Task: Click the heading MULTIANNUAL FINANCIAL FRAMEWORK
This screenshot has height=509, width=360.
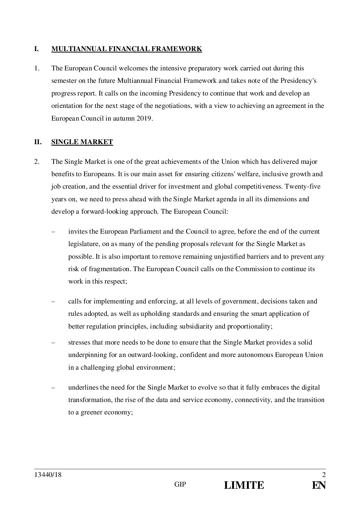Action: point(127,49)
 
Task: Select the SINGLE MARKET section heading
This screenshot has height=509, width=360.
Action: point(82,142)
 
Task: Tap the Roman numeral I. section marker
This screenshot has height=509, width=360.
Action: point(37,49)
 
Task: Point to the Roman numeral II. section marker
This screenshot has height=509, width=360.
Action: point(38,142)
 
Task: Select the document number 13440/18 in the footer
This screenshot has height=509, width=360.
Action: point(48,475)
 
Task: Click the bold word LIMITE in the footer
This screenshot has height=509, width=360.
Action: point(244,485)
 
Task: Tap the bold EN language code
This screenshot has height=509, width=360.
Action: point(319,485)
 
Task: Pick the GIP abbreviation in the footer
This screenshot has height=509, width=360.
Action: point(180,485)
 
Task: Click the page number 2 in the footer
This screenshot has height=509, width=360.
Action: point(324,475)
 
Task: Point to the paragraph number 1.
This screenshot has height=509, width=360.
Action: point(37,68)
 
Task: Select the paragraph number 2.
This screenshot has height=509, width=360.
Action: point(37,162)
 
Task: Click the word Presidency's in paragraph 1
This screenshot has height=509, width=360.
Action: point(298,81)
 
